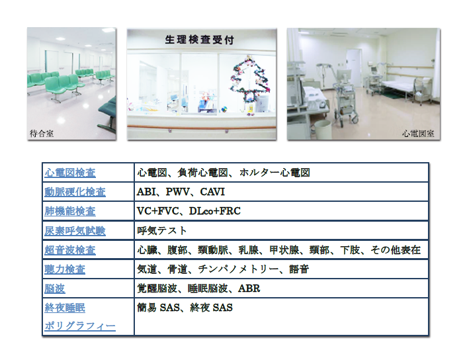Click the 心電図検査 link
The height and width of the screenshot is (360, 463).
point(70,173)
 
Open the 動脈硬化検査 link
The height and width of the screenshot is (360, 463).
point(75,192)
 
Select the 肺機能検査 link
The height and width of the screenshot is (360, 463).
point(70,211)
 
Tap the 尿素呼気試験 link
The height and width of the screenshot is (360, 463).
point(75,231)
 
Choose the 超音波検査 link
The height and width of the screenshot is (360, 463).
point(70,250)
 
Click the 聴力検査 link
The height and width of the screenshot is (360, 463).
point(65,269)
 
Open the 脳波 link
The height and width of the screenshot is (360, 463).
point(55,289)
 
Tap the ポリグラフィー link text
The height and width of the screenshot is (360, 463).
point(80,326)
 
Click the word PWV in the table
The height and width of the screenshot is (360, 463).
point(178,192)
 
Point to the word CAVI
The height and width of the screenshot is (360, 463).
point(212,192)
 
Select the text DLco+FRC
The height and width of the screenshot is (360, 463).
point(215,211)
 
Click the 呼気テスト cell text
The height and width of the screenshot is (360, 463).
point(162,230)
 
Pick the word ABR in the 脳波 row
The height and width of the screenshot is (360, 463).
point(249,289)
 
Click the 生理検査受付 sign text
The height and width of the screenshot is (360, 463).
point(199,40)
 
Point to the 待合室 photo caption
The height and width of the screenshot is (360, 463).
point(42,134)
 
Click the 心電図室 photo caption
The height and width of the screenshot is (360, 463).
point(418,134)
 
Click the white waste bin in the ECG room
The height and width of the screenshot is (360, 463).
point(322,129)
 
